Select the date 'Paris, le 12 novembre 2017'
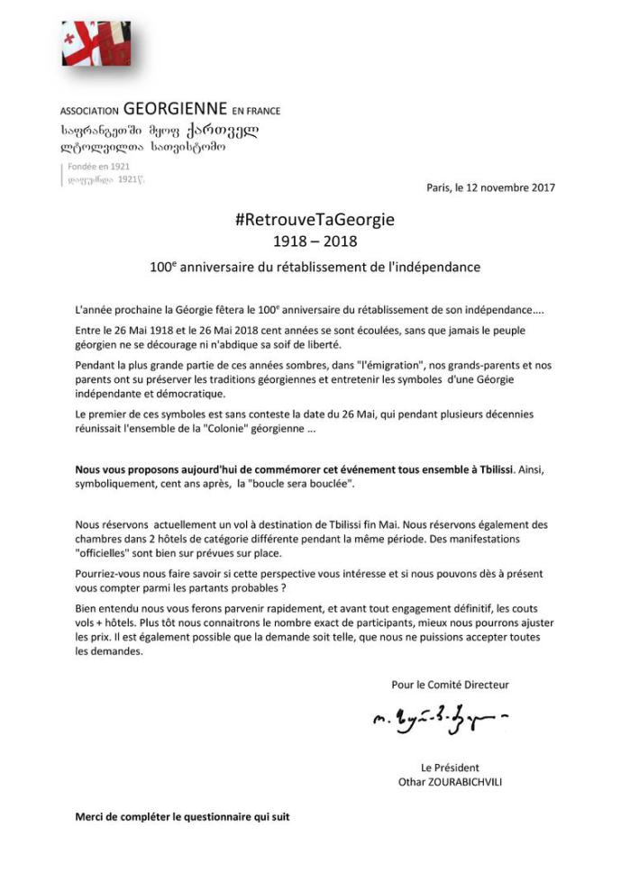pos(491,187)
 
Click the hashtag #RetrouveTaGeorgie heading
pos(315,220)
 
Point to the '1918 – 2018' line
pos(315,241)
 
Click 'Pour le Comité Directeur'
pos(450,685)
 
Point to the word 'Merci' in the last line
pos(90,818)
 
